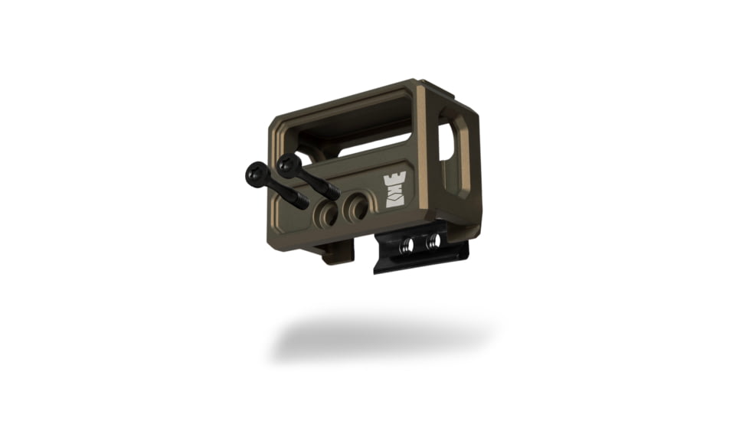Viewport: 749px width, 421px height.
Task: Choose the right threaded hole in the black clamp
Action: [x=433, y=241]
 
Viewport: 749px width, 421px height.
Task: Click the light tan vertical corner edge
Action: [x=421, y=145]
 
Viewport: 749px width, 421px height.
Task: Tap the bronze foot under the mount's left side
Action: [x=337, y=253]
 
